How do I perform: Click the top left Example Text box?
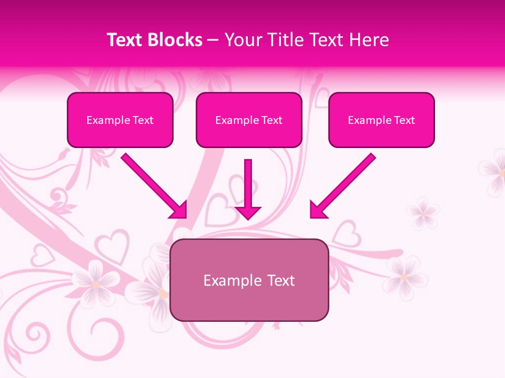(x=120, y=120)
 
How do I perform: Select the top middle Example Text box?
(x=249, y=120)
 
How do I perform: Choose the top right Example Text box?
(x=381, y=120)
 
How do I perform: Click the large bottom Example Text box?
(x=249, y=280)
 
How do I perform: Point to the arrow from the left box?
(x=153, y=185)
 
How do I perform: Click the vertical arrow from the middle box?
(x=248, y=184)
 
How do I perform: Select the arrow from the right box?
(x=343, y=185)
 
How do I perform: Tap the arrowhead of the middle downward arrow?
(x=248, y=212)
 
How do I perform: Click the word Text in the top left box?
(x=143, y=120)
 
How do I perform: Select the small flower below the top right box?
(x=422, y=213)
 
